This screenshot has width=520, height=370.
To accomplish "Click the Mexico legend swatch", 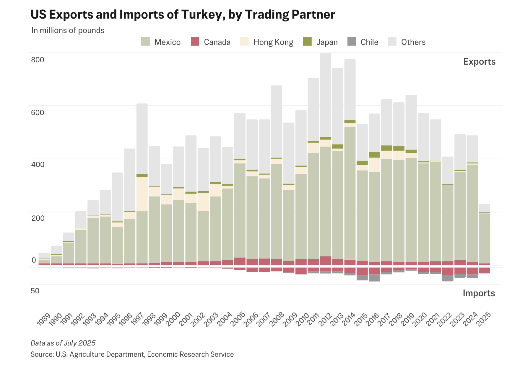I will click(145, 42).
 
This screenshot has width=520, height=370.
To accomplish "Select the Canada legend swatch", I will click(195, 42).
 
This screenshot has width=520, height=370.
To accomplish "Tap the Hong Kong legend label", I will click(273, 42).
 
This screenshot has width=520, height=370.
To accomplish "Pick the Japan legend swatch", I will click(308, 42).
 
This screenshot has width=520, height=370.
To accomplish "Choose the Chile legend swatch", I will click(352, 42).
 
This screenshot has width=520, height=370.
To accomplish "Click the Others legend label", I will click(413, 42).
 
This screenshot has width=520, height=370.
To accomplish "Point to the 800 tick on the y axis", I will click(38, 60).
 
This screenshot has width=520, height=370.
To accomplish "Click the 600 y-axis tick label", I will click(38, 112).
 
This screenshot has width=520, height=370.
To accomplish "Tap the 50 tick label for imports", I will click(35, 291).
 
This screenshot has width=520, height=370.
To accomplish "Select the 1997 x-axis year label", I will click(137, 319).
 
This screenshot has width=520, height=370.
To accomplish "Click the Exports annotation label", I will click(479, 62).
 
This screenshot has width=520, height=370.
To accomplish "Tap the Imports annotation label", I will click(479, 293).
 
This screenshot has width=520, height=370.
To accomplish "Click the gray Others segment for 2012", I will click(325, 94).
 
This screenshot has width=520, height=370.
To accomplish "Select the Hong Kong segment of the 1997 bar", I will click(142, 194).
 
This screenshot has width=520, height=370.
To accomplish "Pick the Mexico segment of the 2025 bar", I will click(484, 238).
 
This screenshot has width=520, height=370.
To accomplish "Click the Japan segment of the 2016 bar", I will click(374, 155).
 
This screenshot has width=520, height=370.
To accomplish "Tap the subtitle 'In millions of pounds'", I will click(68, 30).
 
